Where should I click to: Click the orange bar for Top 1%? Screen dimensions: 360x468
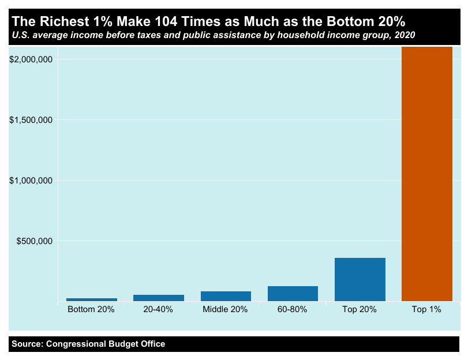coord(426,174)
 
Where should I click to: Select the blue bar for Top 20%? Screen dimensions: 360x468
coord(360,279)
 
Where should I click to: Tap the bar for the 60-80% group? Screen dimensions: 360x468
coord(293,294)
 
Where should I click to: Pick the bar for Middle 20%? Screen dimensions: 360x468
coord(226,296)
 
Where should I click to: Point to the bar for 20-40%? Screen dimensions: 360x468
coord(159,298)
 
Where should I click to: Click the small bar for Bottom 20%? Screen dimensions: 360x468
coord(92,299)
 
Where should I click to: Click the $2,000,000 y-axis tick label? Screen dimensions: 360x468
coord(32,59)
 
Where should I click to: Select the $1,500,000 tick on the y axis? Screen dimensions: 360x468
coord(32,120)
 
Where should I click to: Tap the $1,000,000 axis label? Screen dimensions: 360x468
coord(32,181)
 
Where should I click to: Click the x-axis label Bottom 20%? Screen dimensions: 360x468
coord(91,310)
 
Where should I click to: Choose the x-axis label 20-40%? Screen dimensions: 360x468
coord(158,310)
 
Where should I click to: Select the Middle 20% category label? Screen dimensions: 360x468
coord(225,310)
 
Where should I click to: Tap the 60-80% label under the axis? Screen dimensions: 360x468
coord(292,310)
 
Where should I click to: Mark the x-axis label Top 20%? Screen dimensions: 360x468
coord(359,310)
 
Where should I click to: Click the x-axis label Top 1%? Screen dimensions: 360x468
coord(426,310)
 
